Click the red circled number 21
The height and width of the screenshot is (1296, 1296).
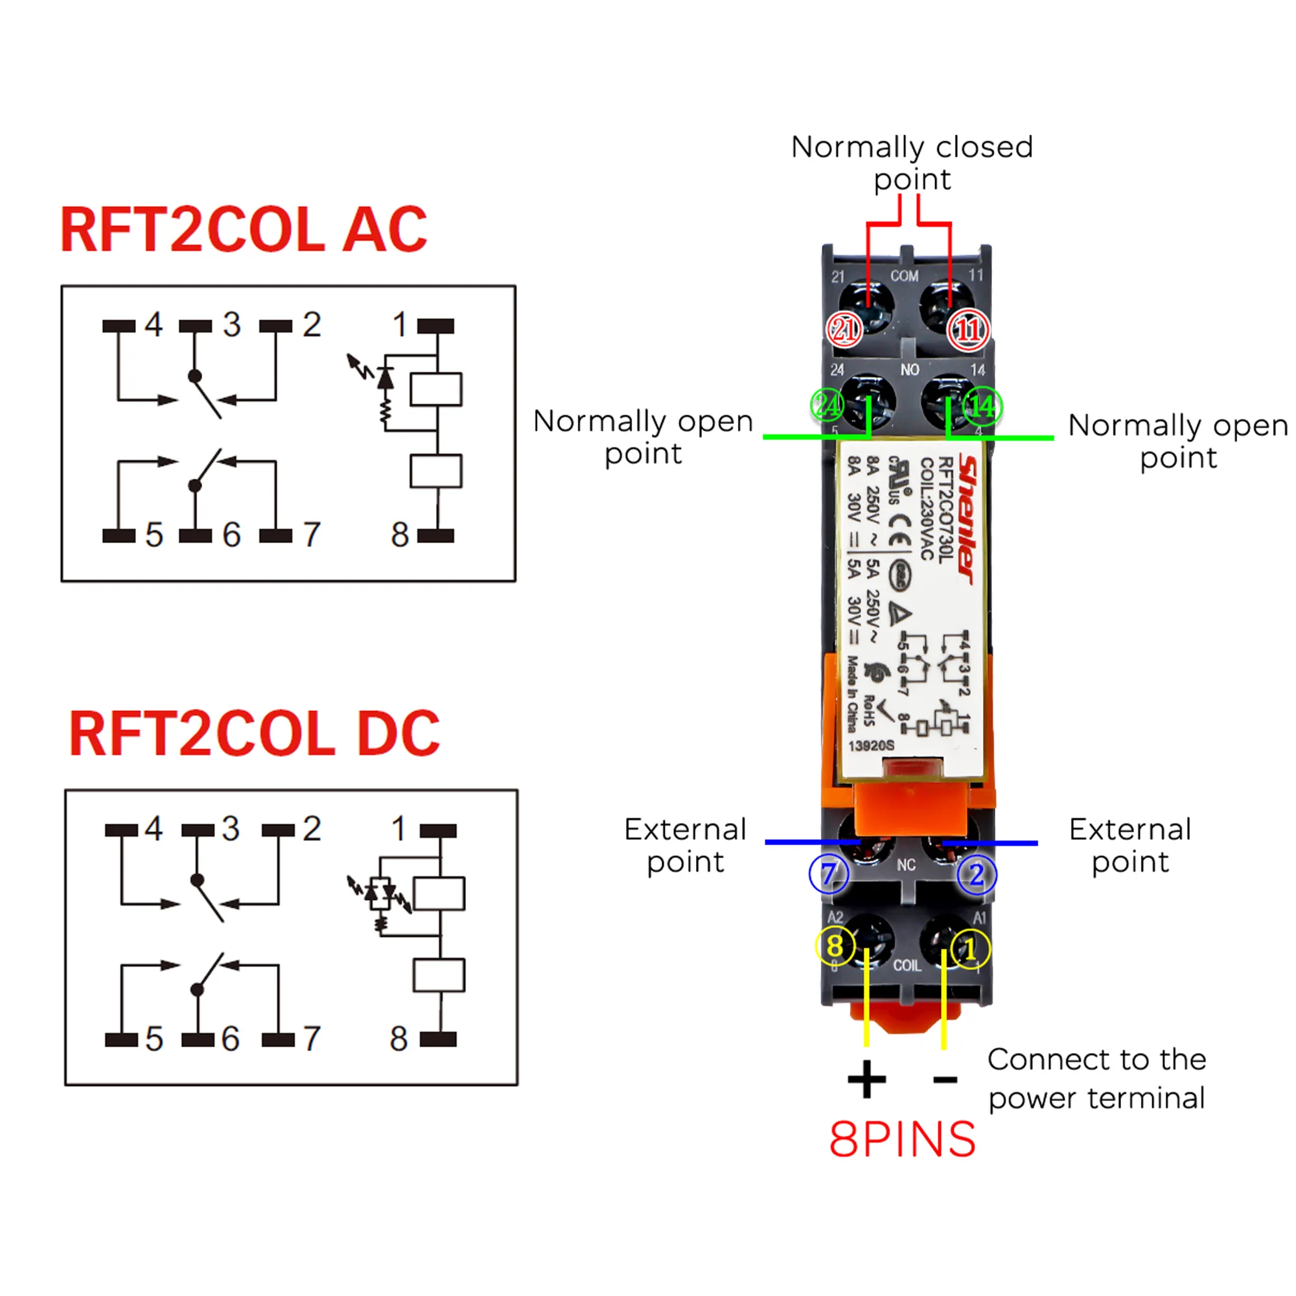pos(844,329)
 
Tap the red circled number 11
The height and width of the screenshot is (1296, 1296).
pos(968,329)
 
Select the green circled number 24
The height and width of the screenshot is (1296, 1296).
pos(827,405)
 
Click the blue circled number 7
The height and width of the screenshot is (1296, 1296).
pos(829,874)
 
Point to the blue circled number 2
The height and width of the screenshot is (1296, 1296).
pos(977,875)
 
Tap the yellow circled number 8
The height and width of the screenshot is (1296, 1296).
pos(835,947)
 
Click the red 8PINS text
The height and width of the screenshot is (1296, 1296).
pos(902,1140)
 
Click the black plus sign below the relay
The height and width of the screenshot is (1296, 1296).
pos(866,1080)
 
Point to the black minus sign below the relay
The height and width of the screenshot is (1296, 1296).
pos(945,1080)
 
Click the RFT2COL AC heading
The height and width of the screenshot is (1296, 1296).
pos(244,230)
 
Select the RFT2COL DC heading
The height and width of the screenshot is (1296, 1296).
pos(253,734)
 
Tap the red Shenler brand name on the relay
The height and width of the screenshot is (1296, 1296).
pos(967,519)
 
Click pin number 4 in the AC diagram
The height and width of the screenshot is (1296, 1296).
pos(154,325)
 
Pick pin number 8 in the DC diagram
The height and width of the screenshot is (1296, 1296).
pos(399,1039)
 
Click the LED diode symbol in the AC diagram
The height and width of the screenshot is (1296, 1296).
pos(385,378)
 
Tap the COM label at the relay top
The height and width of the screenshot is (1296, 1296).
pos(904,275)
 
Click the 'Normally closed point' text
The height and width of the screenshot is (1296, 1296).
pos(912,163)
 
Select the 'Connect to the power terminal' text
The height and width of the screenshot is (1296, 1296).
pos(1097,1079)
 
